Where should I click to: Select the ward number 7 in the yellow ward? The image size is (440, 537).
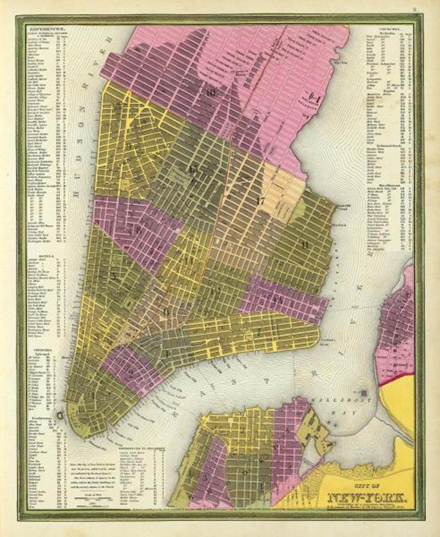point(259,331)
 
